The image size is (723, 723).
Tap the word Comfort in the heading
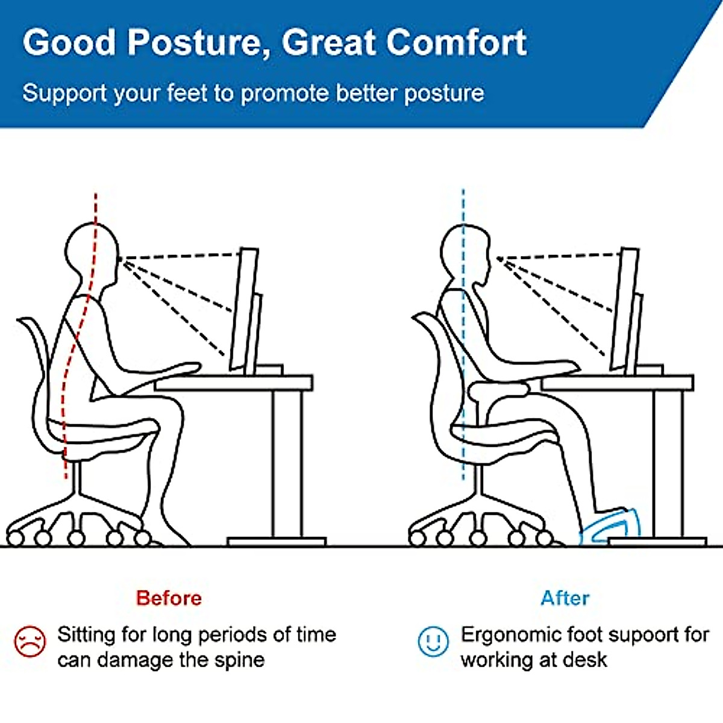[456, 43]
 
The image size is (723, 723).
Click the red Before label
[169, 598]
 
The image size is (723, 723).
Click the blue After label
[565, 598]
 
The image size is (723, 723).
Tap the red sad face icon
[30, 641]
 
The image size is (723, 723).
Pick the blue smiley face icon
[433, 642]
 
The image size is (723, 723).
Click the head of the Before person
[90, 253]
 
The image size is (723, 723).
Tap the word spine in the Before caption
[239, 660]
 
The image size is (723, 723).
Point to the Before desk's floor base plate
[277, 542]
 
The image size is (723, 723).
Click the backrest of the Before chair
[36, 374]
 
